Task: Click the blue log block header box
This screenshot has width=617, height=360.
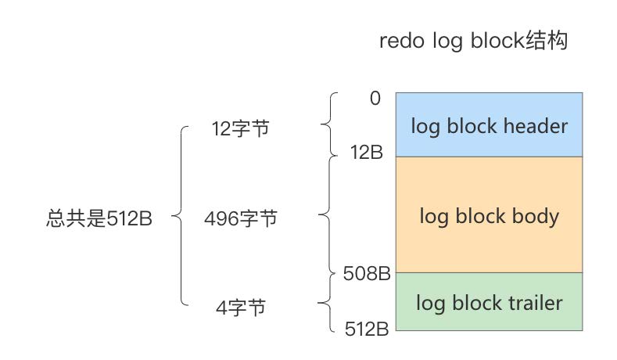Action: click(490, 124)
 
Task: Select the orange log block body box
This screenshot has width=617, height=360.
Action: click(490, 214)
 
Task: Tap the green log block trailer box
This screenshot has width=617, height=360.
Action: click(490, 301)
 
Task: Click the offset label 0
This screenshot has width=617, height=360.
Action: click(375, 99)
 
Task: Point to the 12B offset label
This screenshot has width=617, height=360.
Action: click(367, 153)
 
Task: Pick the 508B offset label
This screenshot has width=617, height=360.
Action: click(367, 274)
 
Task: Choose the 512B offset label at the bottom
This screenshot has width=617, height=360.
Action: click(367, 329)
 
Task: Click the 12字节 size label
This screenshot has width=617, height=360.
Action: click(240, 128)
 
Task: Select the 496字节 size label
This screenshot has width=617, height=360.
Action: click(240, 218)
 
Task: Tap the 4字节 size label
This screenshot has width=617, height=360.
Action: click(240, 308)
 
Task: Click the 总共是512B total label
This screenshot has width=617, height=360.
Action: click(99, 218)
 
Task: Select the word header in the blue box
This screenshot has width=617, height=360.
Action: click(536, 125)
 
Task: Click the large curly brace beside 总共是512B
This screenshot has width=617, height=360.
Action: click(181, 215)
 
